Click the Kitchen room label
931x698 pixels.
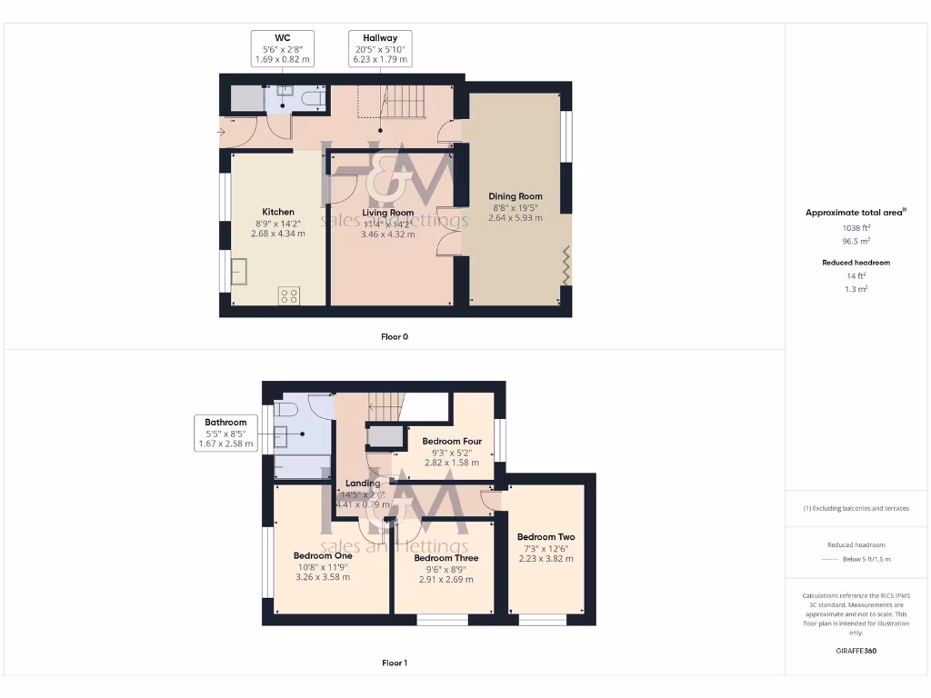277,212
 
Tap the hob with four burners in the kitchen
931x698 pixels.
289,294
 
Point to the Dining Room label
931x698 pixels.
516,196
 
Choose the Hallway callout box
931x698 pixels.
380,48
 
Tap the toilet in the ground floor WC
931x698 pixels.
312,98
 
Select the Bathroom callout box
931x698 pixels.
225,434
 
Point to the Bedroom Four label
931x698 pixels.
452,442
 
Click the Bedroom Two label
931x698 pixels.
546,537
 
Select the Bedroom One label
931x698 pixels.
323,556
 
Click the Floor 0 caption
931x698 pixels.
395,336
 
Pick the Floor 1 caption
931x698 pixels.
395,663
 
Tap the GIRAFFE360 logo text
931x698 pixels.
856,651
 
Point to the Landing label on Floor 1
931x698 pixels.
362,484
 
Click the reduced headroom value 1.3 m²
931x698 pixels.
855,287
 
